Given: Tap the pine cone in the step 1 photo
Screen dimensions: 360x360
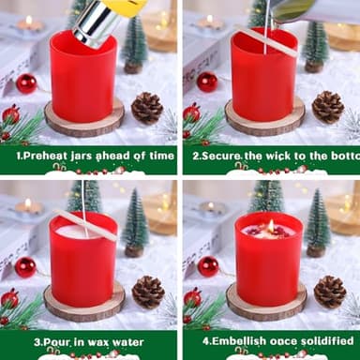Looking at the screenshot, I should [146, 107].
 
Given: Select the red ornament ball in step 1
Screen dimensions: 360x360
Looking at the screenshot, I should [26, 83].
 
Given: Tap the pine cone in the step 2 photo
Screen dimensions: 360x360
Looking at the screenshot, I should [327, 107].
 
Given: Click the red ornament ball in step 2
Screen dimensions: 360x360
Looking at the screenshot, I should [207, 82].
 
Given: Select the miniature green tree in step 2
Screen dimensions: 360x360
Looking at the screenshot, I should [316, 43].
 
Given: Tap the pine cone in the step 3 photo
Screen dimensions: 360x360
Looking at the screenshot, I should [147, 292].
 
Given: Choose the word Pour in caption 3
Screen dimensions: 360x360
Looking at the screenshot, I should [35, 340].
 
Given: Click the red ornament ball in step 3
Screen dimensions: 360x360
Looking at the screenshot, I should [25, 266].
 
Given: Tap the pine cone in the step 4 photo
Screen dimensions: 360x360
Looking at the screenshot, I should [329, 292].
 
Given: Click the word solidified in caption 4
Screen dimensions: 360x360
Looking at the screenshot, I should [324, 340].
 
